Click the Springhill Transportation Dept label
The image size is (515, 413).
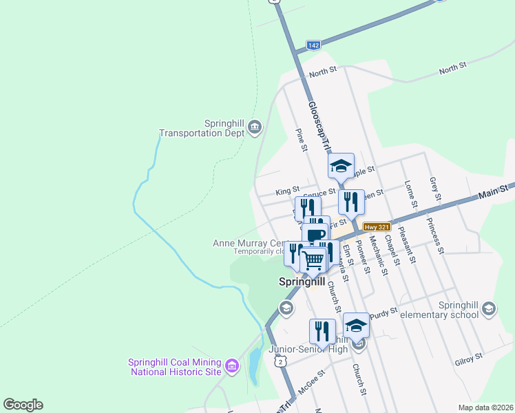[202, 128]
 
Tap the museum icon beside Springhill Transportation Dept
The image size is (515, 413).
[255, 127]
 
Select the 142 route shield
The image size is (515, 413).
[313, 45]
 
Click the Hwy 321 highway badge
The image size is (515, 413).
[378, 226]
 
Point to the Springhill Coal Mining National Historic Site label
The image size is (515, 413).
[175, 367]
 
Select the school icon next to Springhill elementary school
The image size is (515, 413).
[489, 308]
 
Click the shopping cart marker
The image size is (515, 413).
[313, 260]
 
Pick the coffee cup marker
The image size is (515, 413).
[316, 235]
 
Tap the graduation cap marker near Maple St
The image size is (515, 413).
[340, 166]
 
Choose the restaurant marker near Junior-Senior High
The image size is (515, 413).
[322, 331]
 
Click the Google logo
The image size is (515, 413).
[23, 404]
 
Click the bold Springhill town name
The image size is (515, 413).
[302, 282]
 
